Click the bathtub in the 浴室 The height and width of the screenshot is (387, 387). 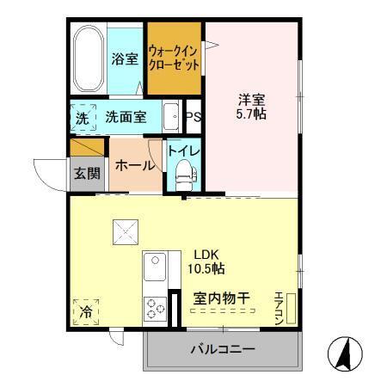[x=89, y=60]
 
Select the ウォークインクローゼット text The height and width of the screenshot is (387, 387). [x=174, y=58]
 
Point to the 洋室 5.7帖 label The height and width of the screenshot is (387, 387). [x=251, y=105]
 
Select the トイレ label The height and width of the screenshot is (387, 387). [x=183, y=151]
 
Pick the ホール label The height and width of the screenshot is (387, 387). [x=134, y=166]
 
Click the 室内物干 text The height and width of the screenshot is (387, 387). [x=221, y=298]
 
